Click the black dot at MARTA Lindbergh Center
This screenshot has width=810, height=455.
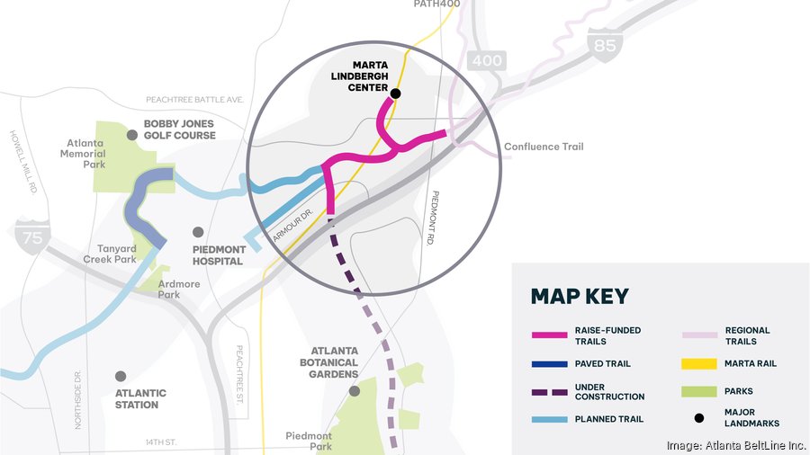(x=395, y=93)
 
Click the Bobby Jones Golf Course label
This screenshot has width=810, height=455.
(x=179, y=129)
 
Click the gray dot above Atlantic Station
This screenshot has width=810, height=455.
(x=121, y=376)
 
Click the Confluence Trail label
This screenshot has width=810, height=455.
(x=544, y=147)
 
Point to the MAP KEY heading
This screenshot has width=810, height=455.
(x=580, y=297)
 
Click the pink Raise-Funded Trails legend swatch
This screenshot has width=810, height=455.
(x=549, y=335)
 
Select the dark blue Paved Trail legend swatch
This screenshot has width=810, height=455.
(x=549, y=364)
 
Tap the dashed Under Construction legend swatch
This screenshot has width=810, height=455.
(x=549, y=392)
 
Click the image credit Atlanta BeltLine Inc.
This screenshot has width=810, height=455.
(x=733, y=445)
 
